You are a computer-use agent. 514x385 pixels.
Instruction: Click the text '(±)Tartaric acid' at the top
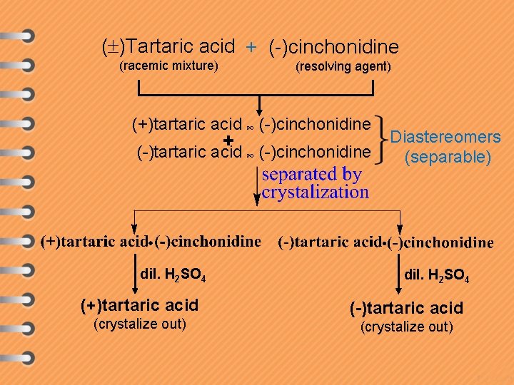169,47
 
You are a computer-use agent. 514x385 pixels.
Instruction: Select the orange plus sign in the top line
251,48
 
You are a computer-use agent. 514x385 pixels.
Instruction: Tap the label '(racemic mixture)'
168,66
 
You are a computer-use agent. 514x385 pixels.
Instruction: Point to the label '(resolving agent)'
343,67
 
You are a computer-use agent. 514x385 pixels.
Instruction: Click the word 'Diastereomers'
447,137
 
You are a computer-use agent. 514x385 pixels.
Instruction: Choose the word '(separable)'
448,157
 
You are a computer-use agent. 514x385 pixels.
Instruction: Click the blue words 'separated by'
312,174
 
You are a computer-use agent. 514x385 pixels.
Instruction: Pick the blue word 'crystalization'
315,192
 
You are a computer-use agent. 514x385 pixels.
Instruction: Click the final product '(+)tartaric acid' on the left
140,306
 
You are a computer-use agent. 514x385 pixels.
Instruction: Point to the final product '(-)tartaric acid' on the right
406,308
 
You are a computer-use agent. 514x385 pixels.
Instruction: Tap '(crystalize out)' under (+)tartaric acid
140,325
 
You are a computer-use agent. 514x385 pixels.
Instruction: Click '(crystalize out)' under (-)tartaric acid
406,327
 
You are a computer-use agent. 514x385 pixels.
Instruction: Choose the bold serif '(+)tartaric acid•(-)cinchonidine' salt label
151,241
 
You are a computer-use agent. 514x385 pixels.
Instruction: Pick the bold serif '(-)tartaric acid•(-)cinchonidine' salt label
385,242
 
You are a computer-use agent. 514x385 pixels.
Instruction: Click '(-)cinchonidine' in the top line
333,48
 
